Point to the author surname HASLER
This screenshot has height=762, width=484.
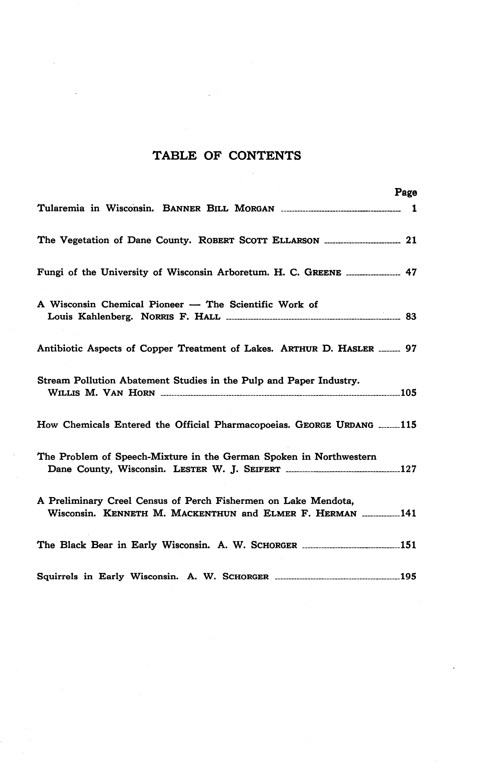tap(356, 349)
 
